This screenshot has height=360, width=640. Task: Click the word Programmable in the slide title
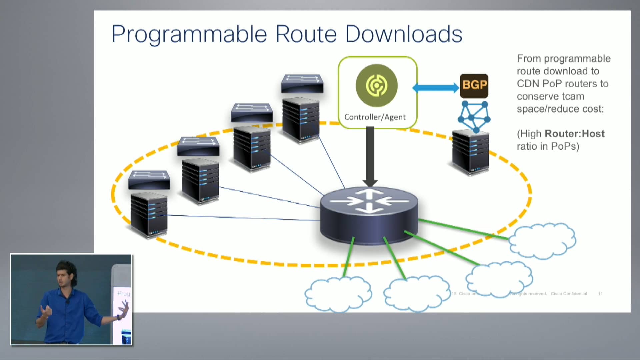click(189, 34)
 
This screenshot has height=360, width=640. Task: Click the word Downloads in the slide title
click(404, 34)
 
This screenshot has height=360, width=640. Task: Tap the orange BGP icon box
click(474, 85)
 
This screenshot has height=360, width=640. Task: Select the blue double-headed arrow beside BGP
click(436, 88)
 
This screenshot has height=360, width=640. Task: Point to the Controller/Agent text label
click(375, 117)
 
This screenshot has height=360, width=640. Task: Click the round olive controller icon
click(376, 85)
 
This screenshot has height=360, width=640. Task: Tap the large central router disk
click(369, 215)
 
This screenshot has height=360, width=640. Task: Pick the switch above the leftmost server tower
click(149, 180)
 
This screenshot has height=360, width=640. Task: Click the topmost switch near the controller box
click(302, 83)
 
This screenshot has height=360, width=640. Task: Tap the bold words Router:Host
click(574, 134)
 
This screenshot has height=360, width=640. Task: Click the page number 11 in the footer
click(600, 294)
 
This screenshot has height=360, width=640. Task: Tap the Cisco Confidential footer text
click(568, 294)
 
